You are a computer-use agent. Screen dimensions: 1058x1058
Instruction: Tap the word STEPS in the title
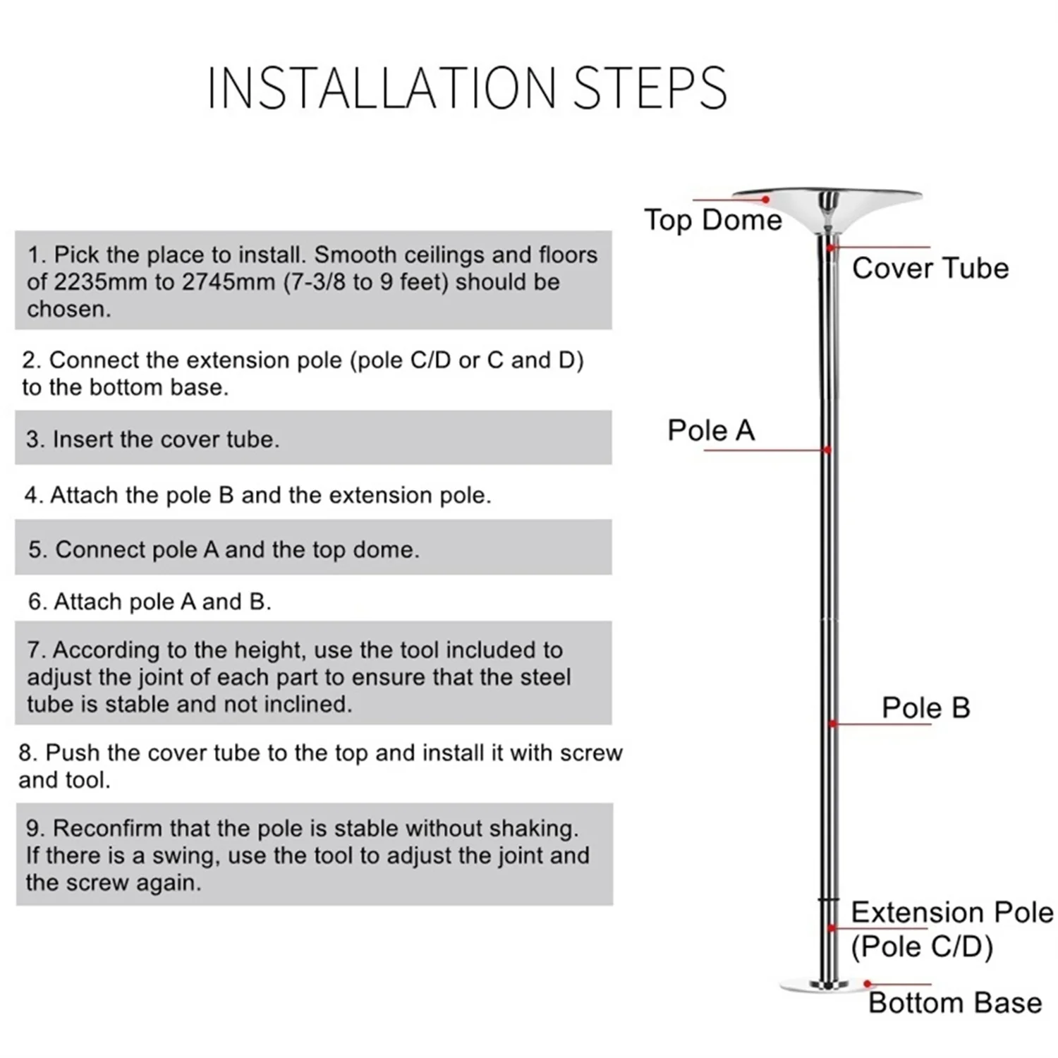click(650, 88)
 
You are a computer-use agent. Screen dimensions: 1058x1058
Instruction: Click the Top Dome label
click(712, 220)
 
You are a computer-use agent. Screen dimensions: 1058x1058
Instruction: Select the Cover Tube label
click(930, 269)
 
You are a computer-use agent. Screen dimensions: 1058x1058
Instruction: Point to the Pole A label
click(711, 430)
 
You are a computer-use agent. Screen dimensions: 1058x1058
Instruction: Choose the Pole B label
click(925, 708)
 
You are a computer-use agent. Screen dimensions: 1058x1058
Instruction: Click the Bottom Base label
click(955, 1003)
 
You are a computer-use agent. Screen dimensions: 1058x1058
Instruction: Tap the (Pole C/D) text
click(922, 947)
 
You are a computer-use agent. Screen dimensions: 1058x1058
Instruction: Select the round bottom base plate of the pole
click(824, 985)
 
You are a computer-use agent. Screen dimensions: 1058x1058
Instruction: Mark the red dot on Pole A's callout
click(827, 450)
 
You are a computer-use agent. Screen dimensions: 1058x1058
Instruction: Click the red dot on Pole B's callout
click(833, 724)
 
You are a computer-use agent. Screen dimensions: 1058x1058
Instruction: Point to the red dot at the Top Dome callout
click(766, 200)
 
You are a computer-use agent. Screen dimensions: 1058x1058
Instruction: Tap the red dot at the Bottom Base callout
click(868, 984)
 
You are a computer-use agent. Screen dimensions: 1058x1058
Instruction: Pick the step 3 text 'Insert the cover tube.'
click(166, 439)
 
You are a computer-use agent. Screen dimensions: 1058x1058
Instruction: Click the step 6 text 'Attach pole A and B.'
click(162, 602)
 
